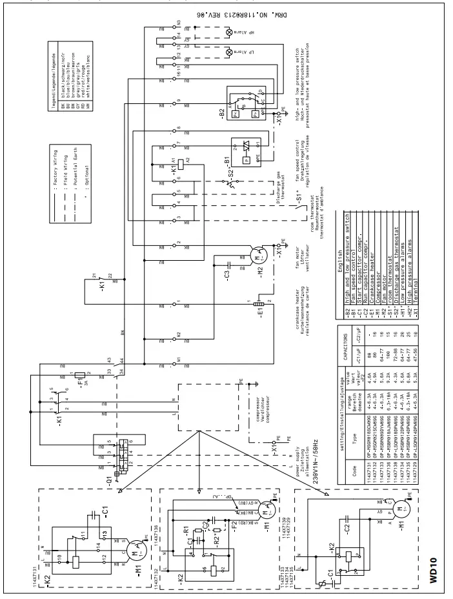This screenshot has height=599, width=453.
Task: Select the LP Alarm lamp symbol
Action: (228, 52)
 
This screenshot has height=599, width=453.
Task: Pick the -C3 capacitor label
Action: (227, 271)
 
